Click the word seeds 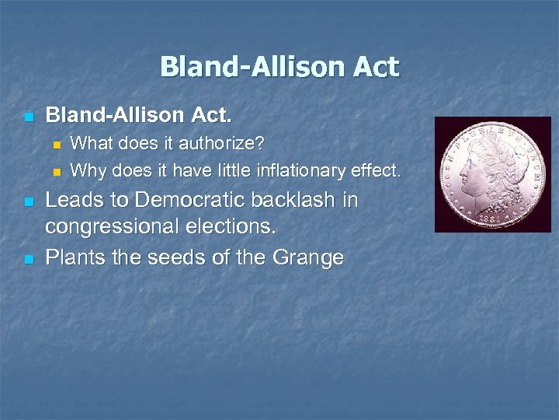pos(172,257)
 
